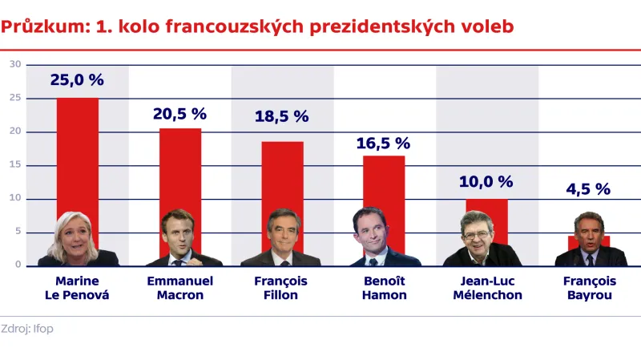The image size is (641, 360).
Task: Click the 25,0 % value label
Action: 77,80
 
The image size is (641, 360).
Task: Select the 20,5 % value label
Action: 179,114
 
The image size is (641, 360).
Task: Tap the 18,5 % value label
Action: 281,116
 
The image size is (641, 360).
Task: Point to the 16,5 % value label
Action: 383,144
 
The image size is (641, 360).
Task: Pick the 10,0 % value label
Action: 486,181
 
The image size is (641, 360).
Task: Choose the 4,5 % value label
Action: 587,189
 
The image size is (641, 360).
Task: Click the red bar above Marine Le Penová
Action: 77,152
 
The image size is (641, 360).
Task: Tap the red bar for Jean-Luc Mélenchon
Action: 486,207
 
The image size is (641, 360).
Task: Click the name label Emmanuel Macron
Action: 179,288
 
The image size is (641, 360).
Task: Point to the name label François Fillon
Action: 281,288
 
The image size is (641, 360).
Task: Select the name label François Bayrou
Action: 589,288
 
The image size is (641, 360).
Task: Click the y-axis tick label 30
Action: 14,64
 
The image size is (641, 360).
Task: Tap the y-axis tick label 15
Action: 14,165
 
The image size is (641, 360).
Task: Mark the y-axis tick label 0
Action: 17,265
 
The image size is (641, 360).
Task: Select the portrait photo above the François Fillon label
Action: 282,239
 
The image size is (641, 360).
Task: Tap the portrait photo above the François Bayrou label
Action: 590,241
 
